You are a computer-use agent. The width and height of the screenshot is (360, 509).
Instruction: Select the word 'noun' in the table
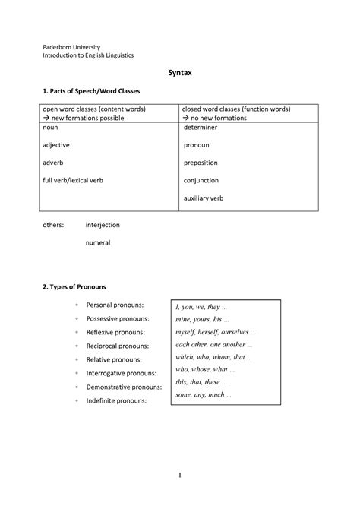click(50, 128)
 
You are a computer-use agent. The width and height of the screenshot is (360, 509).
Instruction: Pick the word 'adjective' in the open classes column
click(56, 146)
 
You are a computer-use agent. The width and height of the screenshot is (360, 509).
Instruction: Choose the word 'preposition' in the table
click(203, 163)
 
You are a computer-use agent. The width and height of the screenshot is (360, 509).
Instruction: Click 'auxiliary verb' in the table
click(204, 198)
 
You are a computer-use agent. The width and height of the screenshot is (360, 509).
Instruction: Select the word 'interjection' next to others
click(103, 225)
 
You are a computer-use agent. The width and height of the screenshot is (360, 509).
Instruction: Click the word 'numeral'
click(98, 243)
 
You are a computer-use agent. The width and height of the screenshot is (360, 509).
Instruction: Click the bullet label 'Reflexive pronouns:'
click(117, 333)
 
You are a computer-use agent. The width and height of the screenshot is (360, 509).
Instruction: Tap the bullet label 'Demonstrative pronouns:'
click(125, 387)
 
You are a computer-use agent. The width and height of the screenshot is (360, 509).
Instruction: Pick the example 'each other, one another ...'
click(216, 344)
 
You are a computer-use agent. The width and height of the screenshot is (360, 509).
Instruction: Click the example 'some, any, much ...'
click(203, 395)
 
